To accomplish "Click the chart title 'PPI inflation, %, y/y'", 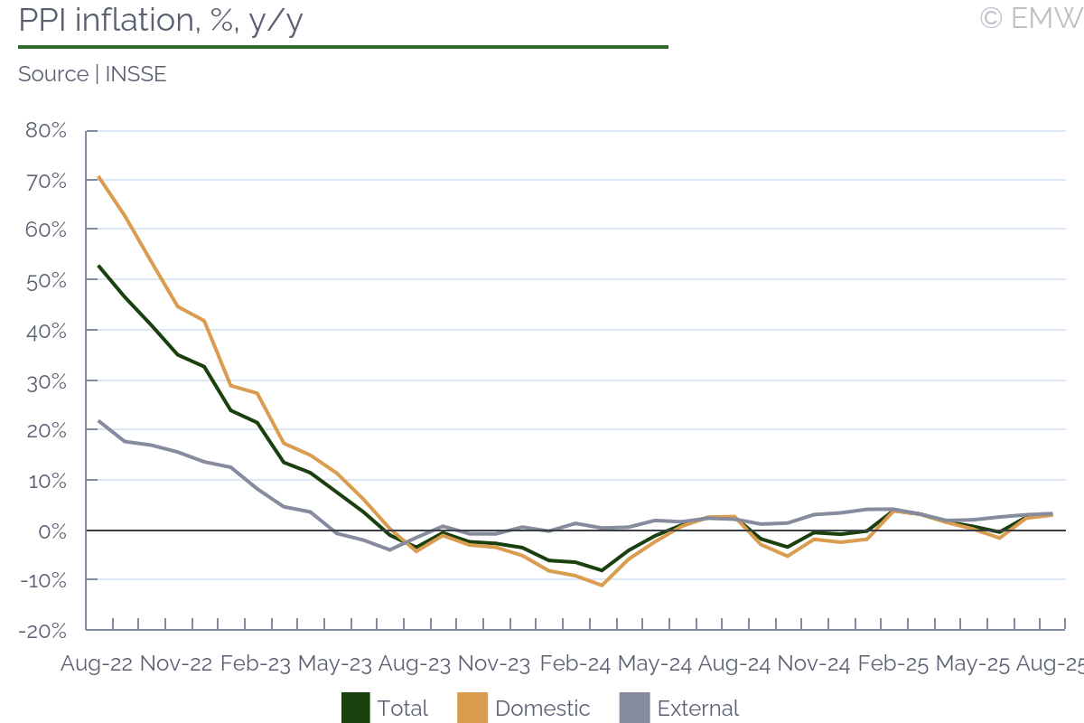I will pyautogui.click(x=160, y=20).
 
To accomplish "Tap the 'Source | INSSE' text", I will pyautogui.click(x=92, y=74).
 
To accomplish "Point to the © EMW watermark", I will pyautogui.click(x=1031, y=17).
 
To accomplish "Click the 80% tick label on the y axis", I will pyautogui.click(x=45, y=130).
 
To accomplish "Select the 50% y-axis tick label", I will pyautogui.click(x=45, y=280).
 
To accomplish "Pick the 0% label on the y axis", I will pyautogui.click(x=52, y=531).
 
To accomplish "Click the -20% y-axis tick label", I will pyautogui.click(x=42, y=630).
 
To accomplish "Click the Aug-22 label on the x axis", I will pyautogui.click(x=97, y=663).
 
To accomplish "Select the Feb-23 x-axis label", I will pyautogui.click(x=256, y=663).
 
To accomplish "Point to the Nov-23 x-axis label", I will pyautogui.click(x=494, y=663).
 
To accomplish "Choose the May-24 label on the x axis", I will pyautogui.click(x=653, y=663).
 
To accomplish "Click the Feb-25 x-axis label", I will pyautogui.click(x=892, y=663).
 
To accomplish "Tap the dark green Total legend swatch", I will pyautogui.click(x=356, y=708).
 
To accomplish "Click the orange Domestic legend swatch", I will pyautogui.click(x=473, y=708).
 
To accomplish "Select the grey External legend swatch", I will pyautogui.click(x=635, y=708).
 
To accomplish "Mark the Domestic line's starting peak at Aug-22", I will pyautogui.click(x=98, y=177).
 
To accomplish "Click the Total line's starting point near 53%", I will pyautogui.click(x=98, y=266).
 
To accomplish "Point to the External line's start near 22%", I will pyautogui.click(x=98, y=420).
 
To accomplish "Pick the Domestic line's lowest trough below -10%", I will pyautogui.click(x=602, y=586).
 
